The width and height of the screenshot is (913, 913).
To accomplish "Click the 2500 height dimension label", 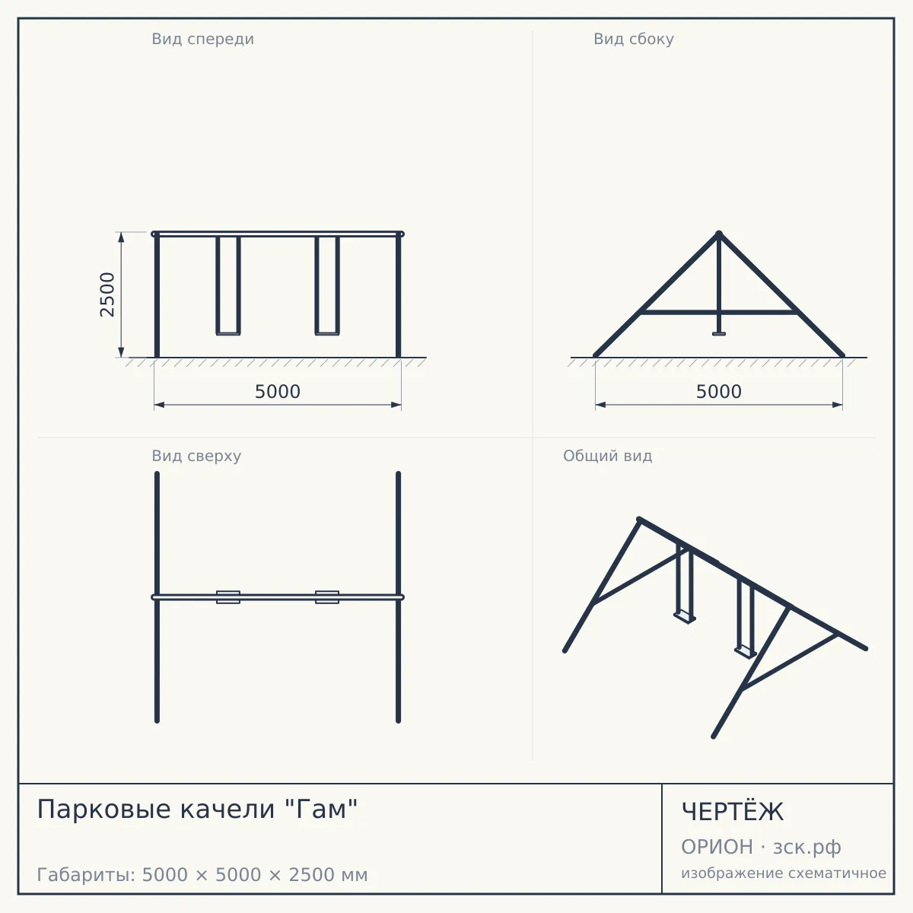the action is (x=107, y=294).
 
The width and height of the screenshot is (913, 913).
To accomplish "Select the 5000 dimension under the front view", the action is (x=278, y=392).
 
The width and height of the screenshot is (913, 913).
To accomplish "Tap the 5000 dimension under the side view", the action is (x=719, y=392).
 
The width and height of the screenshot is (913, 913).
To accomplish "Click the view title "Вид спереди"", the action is (x=203, y=39).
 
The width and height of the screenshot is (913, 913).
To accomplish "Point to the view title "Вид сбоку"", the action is (x=634, y=39).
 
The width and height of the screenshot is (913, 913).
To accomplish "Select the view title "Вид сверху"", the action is (x=196, y=456).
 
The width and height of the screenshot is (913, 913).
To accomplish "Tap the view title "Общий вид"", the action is (x=607, y=456).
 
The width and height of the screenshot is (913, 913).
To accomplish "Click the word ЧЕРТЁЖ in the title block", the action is (x=732, y=812).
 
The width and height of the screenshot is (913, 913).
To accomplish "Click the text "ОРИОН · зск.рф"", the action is (x=761, y=847).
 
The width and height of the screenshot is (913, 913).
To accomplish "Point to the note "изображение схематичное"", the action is (x=784, y=873).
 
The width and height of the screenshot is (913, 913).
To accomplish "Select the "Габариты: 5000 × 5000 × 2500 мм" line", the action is (x=202, y=875).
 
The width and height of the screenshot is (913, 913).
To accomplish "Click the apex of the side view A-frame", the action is (x=719, y=234).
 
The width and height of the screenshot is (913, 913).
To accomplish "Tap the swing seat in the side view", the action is (x=719, y=334).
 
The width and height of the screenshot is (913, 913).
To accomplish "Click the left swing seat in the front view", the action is (x=228, y=333).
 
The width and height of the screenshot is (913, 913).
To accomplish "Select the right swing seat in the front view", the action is (x=327, y=333).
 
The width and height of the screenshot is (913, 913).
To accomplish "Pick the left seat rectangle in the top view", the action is (x=228, y=597).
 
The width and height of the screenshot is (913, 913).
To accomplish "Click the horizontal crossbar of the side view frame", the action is (x=719, y=312).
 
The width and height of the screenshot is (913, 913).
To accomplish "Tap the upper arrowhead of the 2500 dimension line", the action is (x=121, y=237).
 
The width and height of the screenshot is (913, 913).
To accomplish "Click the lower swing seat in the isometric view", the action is (x=746, y=651).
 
